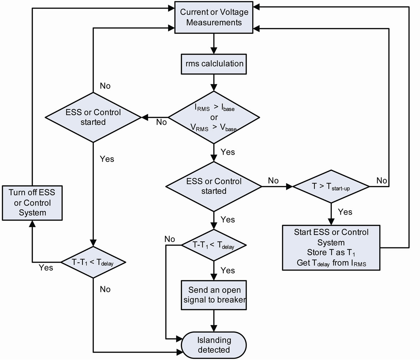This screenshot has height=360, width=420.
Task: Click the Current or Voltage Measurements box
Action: click(214, 17)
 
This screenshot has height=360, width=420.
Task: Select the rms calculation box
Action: click(214, 64)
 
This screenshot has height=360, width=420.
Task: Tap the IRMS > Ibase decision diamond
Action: click(214, 117)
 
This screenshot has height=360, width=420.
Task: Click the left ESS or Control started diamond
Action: click(93, 117)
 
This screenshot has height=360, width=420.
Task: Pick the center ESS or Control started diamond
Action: click(214, 186)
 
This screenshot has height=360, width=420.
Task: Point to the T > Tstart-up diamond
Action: click(331, 186)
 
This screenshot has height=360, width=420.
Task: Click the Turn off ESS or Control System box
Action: click(32, 203)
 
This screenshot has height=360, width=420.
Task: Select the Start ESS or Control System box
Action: click(332, 247)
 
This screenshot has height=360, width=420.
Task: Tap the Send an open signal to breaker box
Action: click(214, 295)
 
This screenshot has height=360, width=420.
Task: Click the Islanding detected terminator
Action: click(214, 345)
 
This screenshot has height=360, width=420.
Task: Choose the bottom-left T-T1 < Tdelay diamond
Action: click(93, 262)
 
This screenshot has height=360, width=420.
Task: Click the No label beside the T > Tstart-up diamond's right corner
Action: click(381, 181)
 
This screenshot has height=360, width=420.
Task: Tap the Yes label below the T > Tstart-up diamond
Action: click(345, 212)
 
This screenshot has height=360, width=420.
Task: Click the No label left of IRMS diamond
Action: click(161, 122)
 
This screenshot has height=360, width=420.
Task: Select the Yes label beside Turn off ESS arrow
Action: click(46, 268)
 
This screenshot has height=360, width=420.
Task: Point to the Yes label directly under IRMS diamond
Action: click(228, 152)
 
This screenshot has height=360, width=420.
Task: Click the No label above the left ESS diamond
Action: click(105, 86)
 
